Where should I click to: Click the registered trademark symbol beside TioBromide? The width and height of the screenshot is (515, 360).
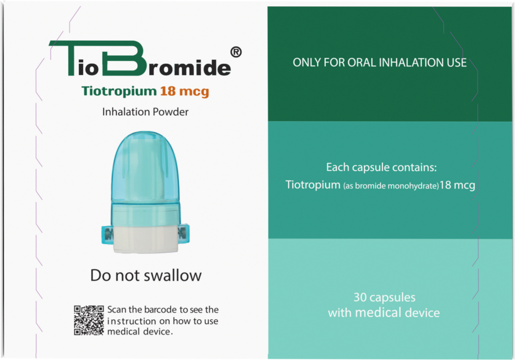coord(236,52)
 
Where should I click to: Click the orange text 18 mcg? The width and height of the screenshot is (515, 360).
coord(185,92)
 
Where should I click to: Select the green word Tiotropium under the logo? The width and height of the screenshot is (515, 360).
coord(119,91)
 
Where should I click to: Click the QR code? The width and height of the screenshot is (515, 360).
coord(89,320)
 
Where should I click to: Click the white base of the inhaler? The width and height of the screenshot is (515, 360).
coord(145,239)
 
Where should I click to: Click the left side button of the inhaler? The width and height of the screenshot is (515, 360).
coord(107,234)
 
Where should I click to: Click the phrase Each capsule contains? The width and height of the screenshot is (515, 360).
coord(381,167)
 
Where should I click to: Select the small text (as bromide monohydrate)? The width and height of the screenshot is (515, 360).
coord(391,186)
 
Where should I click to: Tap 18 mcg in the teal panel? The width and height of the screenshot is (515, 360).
coord(457,185)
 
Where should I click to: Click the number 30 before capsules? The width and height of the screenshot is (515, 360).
coord(360,297)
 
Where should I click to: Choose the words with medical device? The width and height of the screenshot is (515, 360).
coord(384,312)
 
